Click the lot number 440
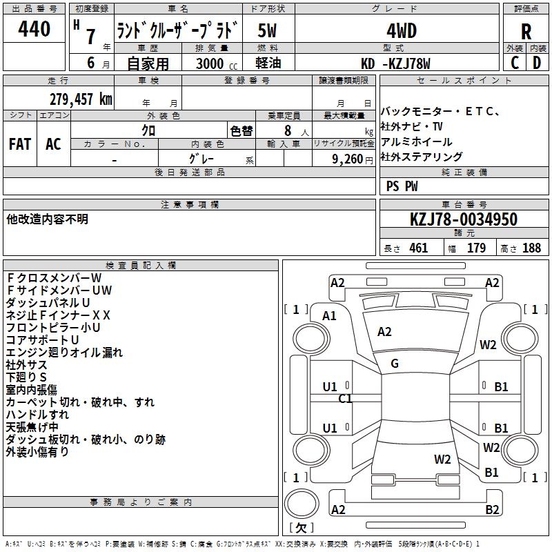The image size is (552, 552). [34, 29]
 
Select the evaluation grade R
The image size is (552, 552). [526, 31]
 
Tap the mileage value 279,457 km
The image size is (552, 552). [81, 99]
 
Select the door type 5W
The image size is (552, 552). [267, 30]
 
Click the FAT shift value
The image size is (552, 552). [20, 144]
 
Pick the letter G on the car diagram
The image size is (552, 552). [395, 364]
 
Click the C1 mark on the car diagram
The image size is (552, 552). [345, 398]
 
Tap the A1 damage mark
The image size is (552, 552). [329, 316]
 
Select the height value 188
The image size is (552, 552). [531, 248]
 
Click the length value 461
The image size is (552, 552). [418, 248]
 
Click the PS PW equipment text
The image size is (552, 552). [402, 186]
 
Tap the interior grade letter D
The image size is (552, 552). [536, 63]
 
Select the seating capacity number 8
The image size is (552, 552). [286, 130]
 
